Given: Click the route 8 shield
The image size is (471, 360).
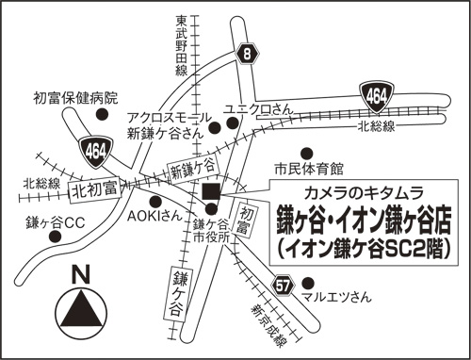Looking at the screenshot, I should pyautogui.click(x=247, y=55).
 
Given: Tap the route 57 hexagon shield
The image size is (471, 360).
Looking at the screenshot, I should pyautogui.click(x=284, y=284).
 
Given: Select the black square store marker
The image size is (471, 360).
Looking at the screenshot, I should pyautogui.click(x=210, y=193).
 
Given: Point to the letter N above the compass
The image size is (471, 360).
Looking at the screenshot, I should pyautogui.click(x=81, y=275).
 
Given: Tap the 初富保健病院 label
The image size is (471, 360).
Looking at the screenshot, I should pyautogui.click(x=75, y=97).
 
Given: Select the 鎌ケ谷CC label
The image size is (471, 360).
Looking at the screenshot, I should pyautogui.click(x=56, y=222).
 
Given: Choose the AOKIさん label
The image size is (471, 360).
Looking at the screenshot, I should pyautogui.click(x=154, y=215).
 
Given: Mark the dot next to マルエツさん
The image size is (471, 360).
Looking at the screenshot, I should pyautogui.click(x=308, y=281).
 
